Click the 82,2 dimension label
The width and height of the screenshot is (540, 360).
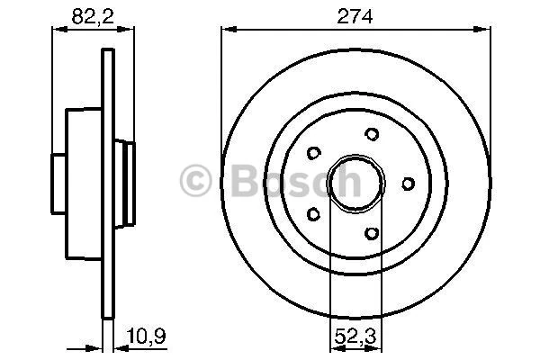click(x=93, y=16)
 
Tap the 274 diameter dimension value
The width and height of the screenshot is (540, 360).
click(x=355, y=16)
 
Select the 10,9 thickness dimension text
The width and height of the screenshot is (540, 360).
click(x=146, y=336)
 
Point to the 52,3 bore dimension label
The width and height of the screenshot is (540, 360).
click(x=355, y=337)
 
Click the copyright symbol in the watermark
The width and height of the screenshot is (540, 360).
click(x=195, y=181)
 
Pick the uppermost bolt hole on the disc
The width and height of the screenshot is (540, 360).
click(x=372, y=134)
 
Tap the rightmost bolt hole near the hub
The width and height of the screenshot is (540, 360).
click(x=408, y=184)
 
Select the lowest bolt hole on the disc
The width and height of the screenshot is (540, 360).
click(x=372, y=234)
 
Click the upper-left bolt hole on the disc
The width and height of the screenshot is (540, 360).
click(x=314, y=153)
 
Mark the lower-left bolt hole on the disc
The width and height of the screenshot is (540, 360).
click(x=313, y=214)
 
